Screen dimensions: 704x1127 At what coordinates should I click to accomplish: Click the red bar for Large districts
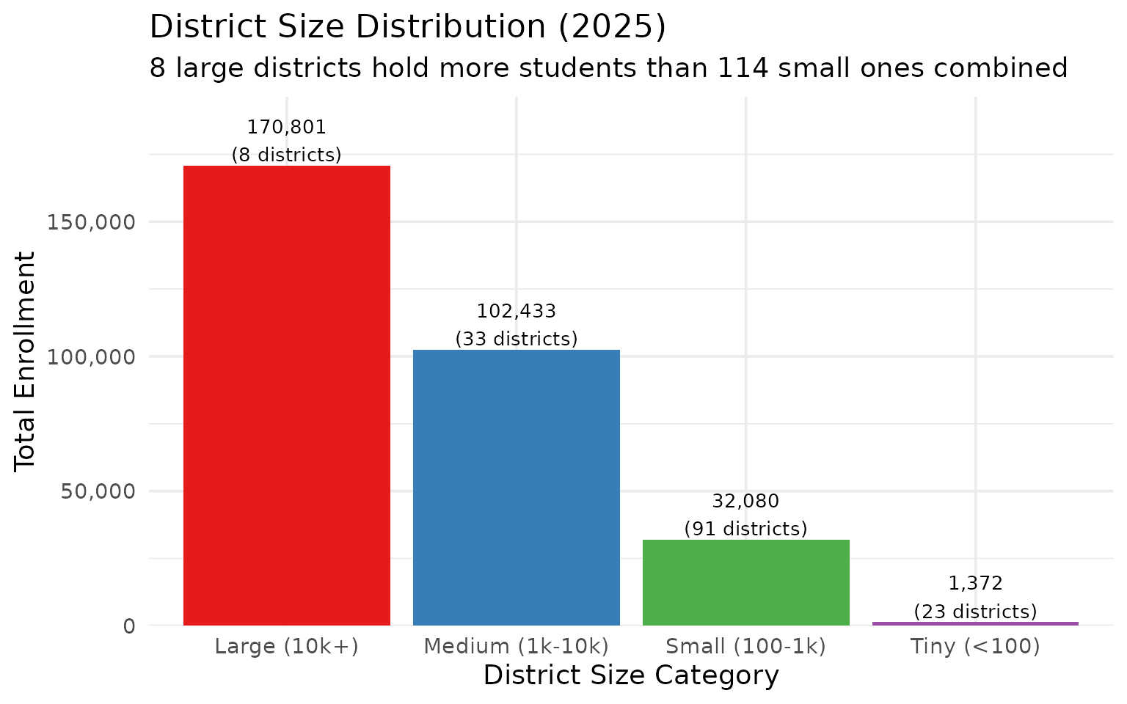(286, 396)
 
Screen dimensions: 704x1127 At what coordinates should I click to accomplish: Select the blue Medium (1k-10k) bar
(516, 488)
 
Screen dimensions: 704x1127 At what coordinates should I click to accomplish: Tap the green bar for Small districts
(745, 583)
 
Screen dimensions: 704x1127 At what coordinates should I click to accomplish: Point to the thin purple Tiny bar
(975, 623)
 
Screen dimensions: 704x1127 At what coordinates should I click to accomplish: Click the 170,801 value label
(286, 128)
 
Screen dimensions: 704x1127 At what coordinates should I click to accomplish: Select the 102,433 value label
(517, 312)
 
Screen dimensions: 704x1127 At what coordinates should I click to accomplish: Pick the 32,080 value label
(745, 502)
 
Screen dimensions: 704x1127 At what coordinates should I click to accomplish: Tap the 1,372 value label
(975, 584)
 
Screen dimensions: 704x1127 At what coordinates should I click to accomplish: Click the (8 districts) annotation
(286, 155)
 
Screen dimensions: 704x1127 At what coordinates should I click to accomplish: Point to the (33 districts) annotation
(517, 340)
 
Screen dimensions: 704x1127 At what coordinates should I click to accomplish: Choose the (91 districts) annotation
(745, 529)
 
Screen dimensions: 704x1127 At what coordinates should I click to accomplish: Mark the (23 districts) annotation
(975, 612)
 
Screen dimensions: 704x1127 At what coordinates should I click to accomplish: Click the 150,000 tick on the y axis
(92, 222)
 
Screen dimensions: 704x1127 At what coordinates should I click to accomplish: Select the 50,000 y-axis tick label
(98, 491)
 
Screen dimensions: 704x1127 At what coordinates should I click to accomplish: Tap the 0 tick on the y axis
(130, 626)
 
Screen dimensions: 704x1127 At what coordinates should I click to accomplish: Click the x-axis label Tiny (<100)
(975, 647)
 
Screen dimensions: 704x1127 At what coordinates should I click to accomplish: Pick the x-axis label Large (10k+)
(286, 647)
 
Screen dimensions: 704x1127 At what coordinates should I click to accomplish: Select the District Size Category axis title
(631, 675)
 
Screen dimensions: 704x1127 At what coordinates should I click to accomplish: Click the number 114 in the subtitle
(743, 68)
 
